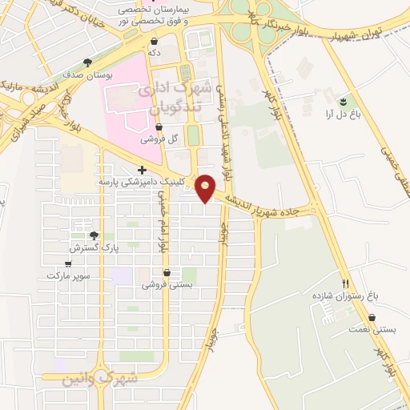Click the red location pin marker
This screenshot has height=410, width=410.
pos(206,188)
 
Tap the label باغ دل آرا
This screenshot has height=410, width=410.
pos(340,115)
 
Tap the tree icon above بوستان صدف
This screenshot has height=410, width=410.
pos(87,62)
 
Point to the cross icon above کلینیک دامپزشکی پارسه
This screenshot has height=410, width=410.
pos(142,170)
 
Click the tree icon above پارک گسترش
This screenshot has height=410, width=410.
pos(94,235)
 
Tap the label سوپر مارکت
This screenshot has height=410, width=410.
pos(69,275)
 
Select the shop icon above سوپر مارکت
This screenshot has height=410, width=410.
pos(70,262)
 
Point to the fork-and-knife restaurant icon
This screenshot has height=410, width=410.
pos(346,283)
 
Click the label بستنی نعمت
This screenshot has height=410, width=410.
pos(351,329)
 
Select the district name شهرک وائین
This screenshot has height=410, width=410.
pos(101,378)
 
